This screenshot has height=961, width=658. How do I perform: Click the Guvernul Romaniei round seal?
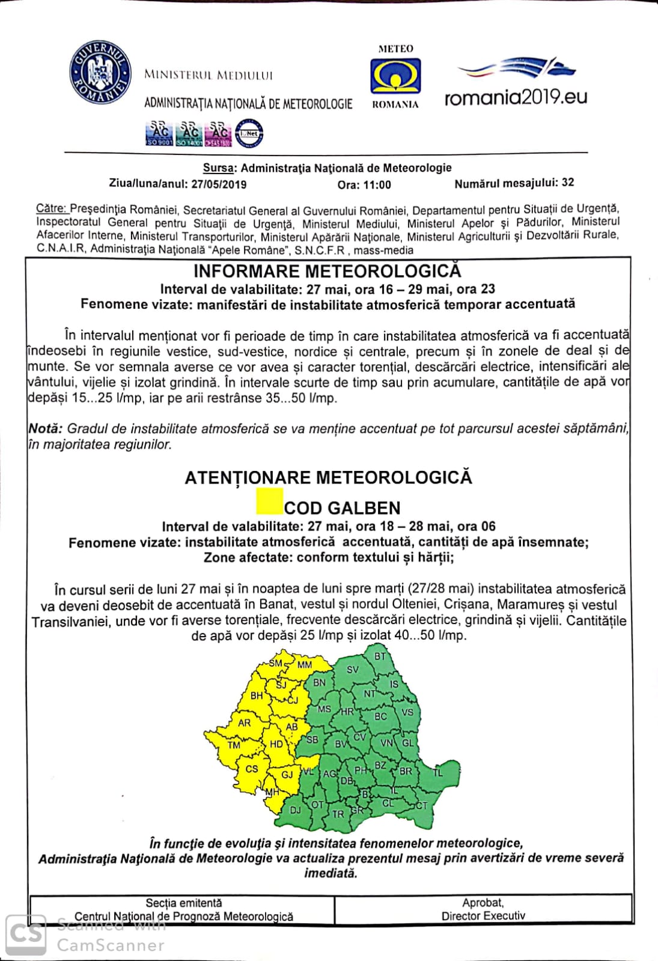pos(100,73)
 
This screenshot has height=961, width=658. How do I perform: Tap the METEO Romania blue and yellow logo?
pos(395,76)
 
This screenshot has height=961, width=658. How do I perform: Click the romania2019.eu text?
pos(516,97)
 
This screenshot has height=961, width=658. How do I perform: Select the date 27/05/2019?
pos(219,184)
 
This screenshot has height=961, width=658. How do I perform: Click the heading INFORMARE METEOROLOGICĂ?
pos(327,271)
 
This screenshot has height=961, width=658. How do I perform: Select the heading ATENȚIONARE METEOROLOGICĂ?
pos(328,477)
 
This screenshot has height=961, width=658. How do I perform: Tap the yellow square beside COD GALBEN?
pos(269,502)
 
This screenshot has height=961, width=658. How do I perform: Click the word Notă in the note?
pos(45,429)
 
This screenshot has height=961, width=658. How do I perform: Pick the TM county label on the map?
pos(234,745)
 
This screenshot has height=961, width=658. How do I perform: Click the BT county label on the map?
pos(380,656)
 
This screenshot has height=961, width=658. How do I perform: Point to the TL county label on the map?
pos(437,772)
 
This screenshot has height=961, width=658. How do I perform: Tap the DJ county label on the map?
pos(295,810)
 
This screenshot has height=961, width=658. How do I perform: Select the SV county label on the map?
pos(353,670)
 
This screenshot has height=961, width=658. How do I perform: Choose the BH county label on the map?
pos(257,696)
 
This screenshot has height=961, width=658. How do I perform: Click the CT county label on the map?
pos(421,805)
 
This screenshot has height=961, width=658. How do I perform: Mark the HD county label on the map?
pos(276,744)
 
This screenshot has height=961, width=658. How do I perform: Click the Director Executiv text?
pos(483,916)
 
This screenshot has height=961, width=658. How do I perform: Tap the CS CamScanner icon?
pos(26,934)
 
